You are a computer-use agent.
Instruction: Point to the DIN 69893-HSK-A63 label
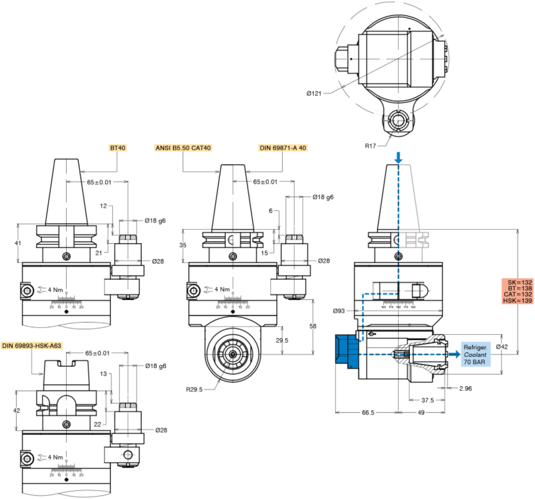(x=31, y=345)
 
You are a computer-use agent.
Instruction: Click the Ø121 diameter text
(x=315, y=93)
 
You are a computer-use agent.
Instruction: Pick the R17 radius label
(x=371, y=144)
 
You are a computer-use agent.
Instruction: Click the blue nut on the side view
(x=347, y=349)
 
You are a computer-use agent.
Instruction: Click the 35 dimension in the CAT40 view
(x=183, y=245)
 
